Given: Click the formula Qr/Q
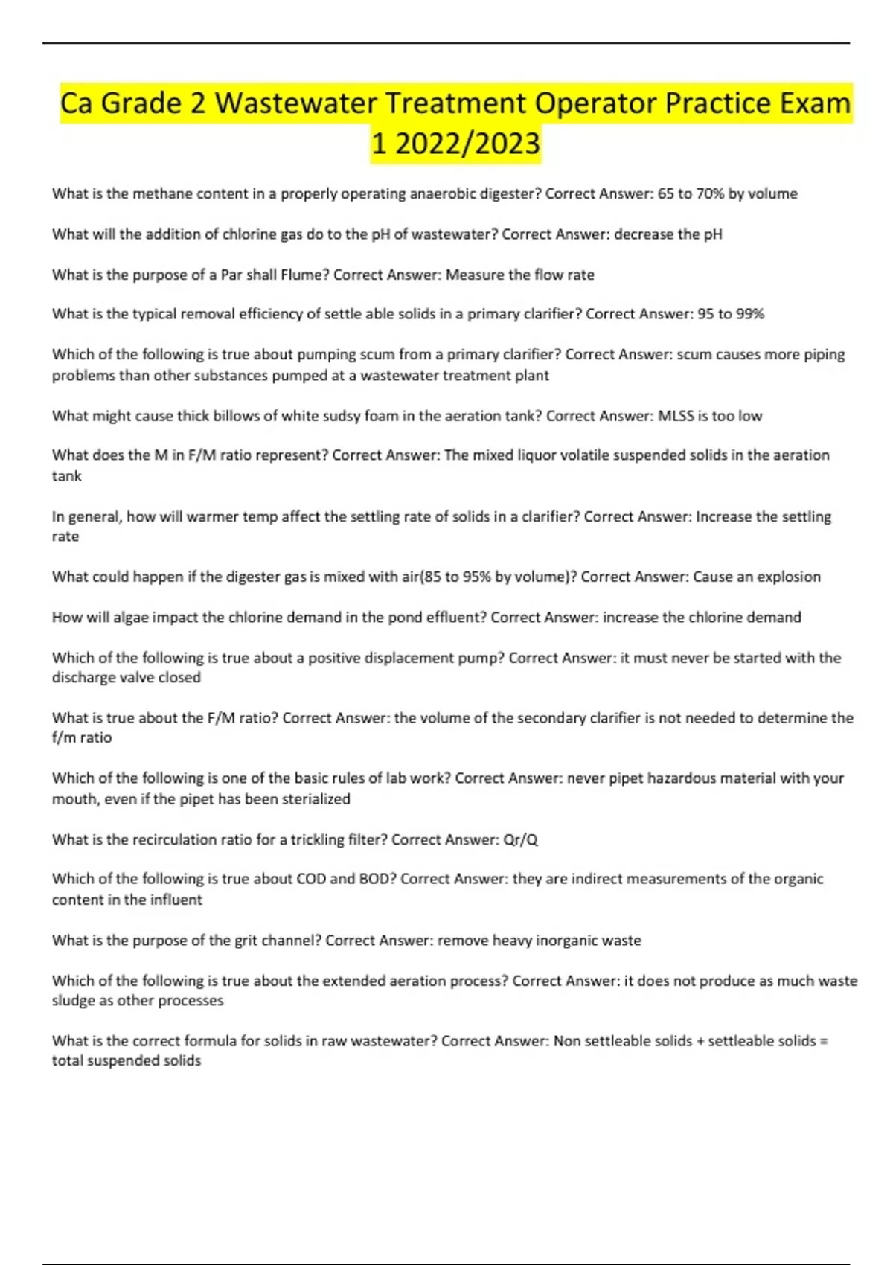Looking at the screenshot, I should coord(520,839).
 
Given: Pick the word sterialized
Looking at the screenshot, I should coord(311,798).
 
